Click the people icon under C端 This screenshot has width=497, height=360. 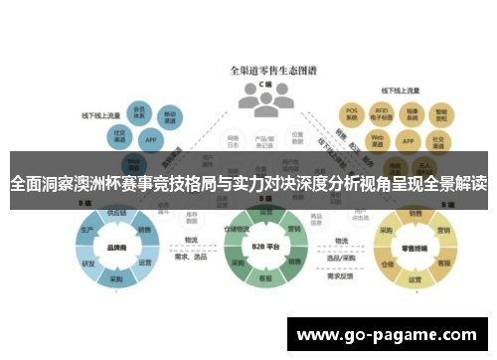[264, 96]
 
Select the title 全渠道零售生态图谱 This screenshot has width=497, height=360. [264, 70]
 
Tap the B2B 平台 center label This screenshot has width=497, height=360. [262, 245]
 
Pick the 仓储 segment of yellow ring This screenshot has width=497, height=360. [388, 265]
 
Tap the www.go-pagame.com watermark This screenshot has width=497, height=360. [388, 334]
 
